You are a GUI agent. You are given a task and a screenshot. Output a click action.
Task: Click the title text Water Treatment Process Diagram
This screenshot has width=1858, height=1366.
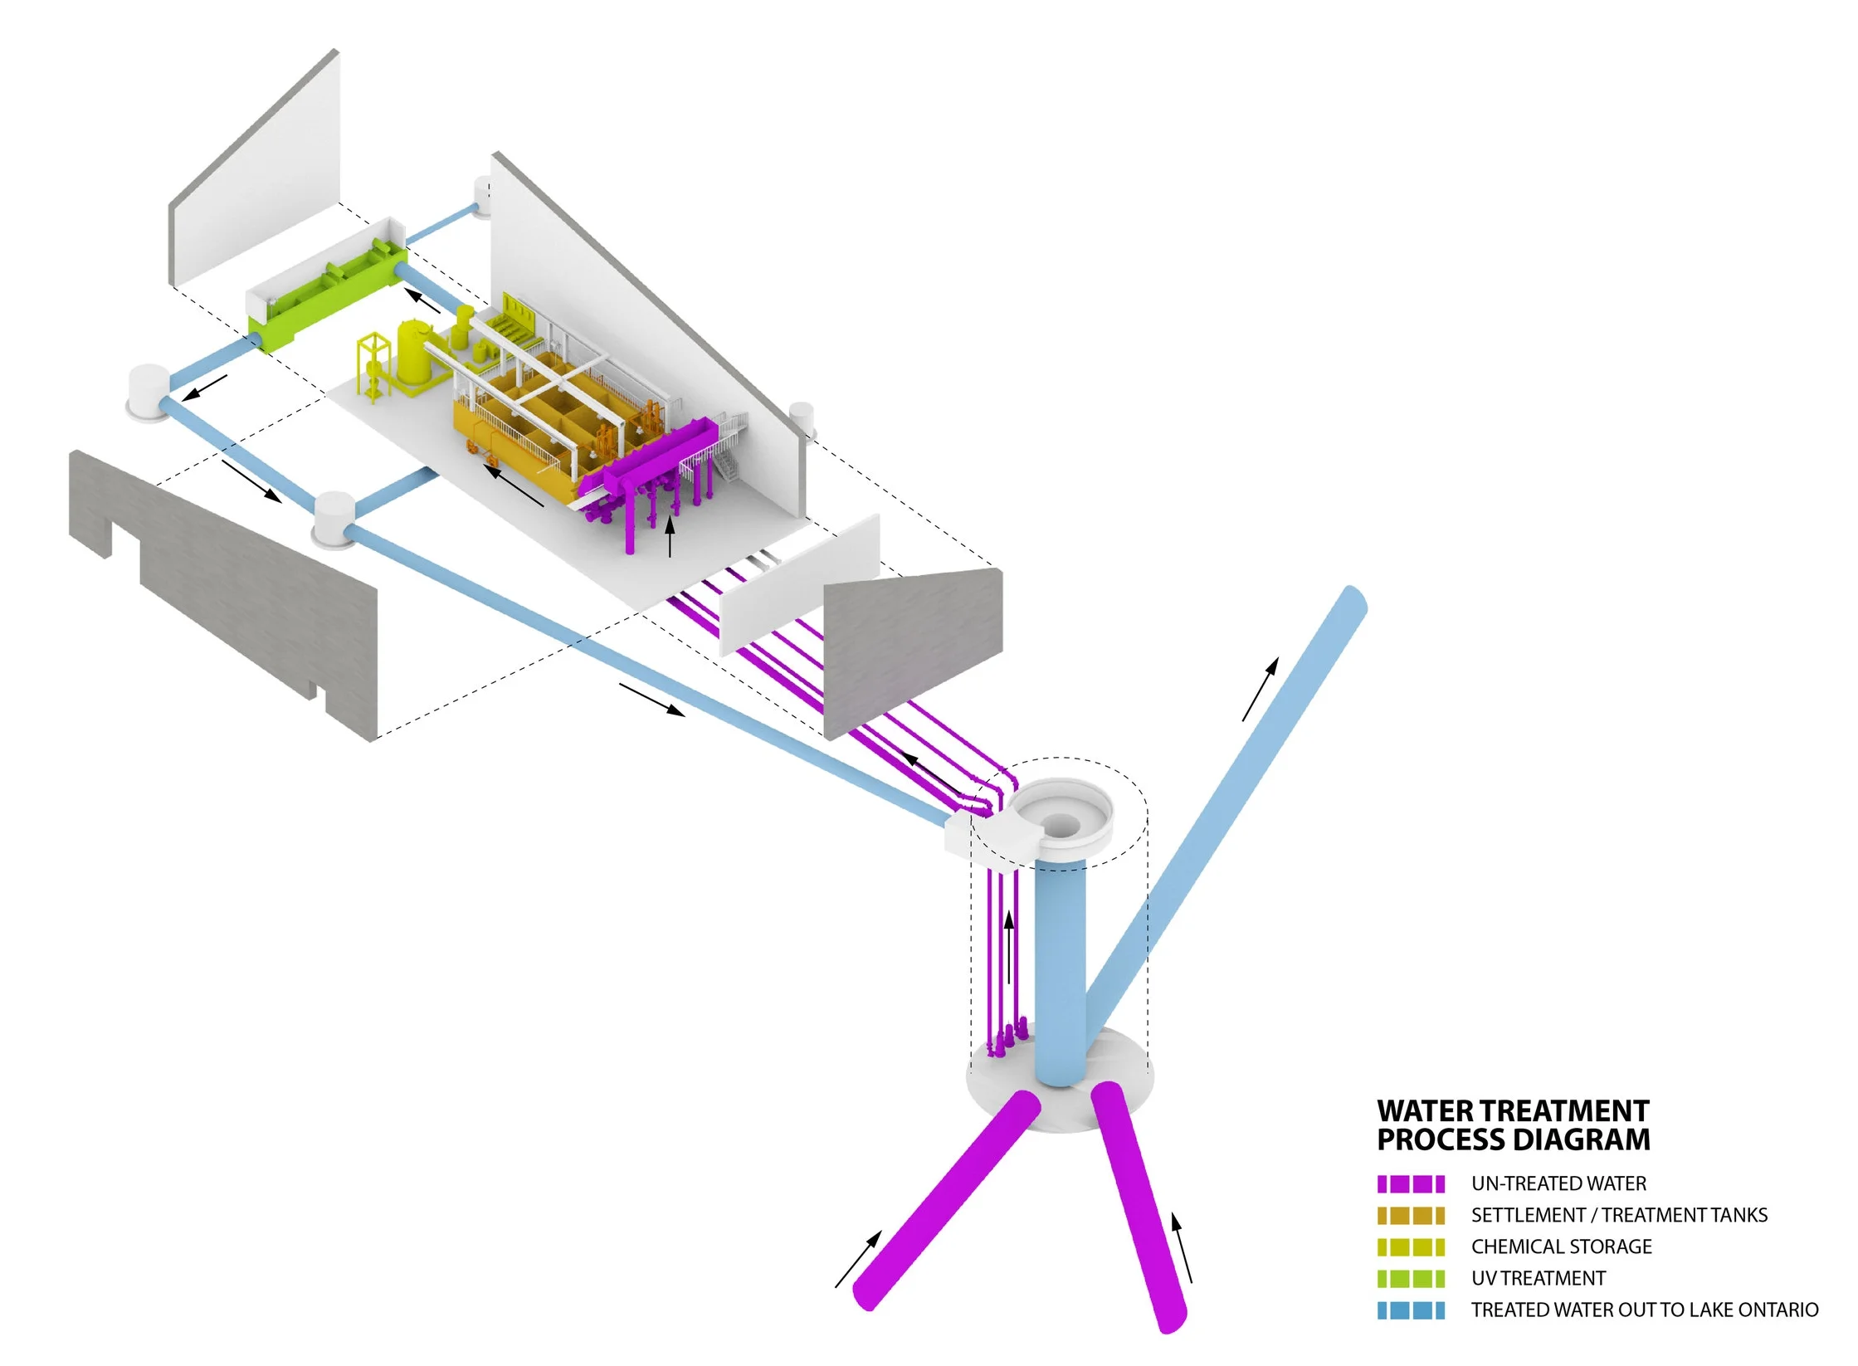coord(1513,1125)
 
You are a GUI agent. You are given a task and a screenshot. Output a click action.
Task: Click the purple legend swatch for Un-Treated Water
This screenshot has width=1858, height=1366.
coord(1410,1183)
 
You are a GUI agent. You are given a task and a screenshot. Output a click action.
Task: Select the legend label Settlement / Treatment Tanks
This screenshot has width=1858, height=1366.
coord(1618,1215)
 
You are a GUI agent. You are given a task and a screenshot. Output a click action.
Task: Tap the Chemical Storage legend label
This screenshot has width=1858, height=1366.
coord(1561,1246)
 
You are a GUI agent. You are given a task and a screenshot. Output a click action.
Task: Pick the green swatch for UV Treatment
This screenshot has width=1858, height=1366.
coord(1410,1278)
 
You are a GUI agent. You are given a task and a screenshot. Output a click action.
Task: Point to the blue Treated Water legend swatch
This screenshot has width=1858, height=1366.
coord(1410,1310)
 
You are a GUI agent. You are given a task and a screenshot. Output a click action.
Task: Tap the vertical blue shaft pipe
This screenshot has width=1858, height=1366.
coord(1060,971)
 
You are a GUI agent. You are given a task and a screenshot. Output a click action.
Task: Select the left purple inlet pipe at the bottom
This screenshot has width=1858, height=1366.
coord(946,1203)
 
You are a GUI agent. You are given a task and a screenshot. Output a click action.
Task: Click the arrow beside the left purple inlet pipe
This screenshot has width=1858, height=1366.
coord(857,1260)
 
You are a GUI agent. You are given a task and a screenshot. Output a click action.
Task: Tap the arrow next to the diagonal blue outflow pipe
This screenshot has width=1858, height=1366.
coord(1260,689)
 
